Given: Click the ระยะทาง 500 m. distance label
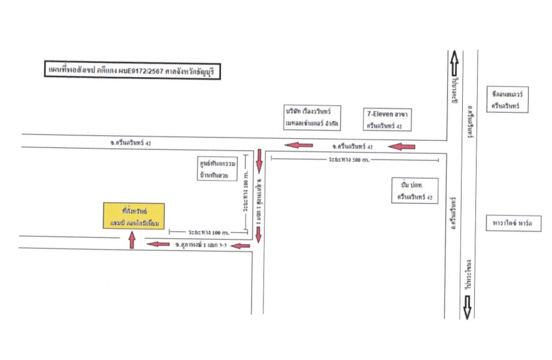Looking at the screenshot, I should [349, 160].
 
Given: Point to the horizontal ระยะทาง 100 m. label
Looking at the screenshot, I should [208, 232].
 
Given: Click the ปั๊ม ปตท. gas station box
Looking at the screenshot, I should [415, 191].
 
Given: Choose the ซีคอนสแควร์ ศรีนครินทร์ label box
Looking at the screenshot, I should [508, 99].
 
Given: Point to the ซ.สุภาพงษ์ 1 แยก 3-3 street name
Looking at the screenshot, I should [201, 245].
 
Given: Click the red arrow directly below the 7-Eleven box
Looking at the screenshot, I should [402, 147].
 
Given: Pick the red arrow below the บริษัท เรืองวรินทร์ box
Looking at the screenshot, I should [299, 146].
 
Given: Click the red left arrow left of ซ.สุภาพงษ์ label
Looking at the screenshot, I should [158, 244].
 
